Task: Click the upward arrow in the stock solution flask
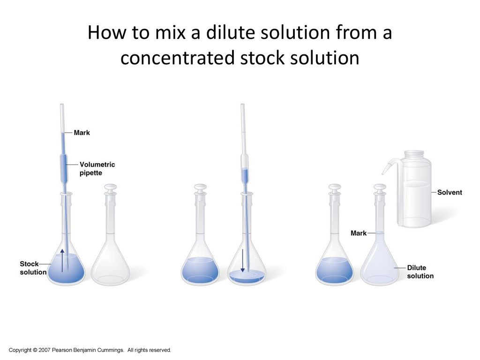(62, 261)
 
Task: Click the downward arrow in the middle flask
(242, 261)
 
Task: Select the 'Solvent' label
(450, 192)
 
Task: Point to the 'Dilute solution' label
(420, 272)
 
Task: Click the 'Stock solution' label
(33, 268)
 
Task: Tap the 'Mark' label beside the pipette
(82, 133)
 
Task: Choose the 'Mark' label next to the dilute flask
(359, 233)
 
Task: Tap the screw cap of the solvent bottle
(414, 154)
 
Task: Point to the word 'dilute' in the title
(230, 32)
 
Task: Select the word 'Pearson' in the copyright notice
(60, 350)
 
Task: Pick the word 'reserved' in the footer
(160, 350)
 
